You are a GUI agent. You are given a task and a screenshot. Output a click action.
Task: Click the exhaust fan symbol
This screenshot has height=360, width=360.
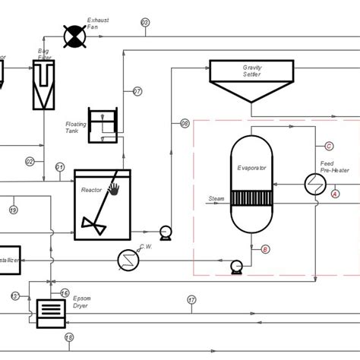(74, 35)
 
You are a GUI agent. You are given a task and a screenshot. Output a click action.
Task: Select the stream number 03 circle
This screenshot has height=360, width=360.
(146, 23)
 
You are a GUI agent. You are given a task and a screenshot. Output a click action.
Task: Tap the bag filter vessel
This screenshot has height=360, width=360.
(45, 83)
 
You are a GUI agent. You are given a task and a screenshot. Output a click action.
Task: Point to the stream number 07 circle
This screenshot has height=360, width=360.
(137, 92)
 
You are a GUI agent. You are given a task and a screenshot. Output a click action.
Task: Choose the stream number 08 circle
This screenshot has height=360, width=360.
(185, 123)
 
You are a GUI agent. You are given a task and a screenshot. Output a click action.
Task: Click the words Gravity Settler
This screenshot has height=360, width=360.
(252, 71)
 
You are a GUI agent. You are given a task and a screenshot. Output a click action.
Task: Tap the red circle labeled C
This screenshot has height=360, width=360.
(329, 145)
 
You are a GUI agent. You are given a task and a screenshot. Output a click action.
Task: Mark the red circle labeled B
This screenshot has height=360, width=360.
(265, 249)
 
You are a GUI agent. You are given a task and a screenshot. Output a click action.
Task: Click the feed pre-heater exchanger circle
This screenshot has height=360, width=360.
(313, 185)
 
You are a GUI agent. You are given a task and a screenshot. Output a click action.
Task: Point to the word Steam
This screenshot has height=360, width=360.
(216, 198)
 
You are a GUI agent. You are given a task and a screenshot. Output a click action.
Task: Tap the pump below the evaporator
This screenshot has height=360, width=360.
(236, 265)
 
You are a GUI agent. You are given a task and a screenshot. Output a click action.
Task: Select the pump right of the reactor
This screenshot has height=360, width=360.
(165, 229)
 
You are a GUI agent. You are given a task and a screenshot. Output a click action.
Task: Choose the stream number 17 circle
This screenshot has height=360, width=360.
(191, 299)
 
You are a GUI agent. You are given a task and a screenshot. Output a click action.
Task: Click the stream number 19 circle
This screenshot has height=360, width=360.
(14, 210)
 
